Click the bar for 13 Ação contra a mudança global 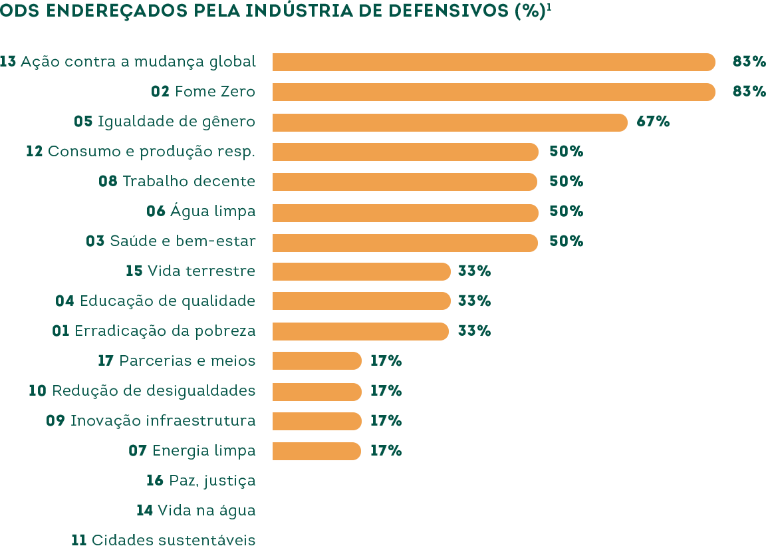click(x=493, y=62)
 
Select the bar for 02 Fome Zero click(x=493, y=92)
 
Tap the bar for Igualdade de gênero click(x=449, y=122)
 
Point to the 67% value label click(x=653, y=122)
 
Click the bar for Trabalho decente click(x=405, y=182)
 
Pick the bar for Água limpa click(x=405, y=212)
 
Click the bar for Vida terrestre click(x=361, y=271)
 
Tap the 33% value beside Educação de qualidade click(x=474, y=301)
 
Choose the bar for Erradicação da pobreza click(x=361, y=331)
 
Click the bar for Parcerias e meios click(x=317, y=361)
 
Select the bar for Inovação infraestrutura click(x=317, y=421)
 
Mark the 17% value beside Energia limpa click(x=386, y=450)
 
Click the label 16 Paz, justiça click(x=201, y=480)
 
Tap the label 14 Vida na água click(x=195, y=510)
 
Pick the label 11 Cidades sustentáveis click(x=163, y=539)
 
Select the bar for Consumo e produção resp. click(x=405, y=152)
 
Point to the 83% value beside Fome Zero click(x=749, y=92)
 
